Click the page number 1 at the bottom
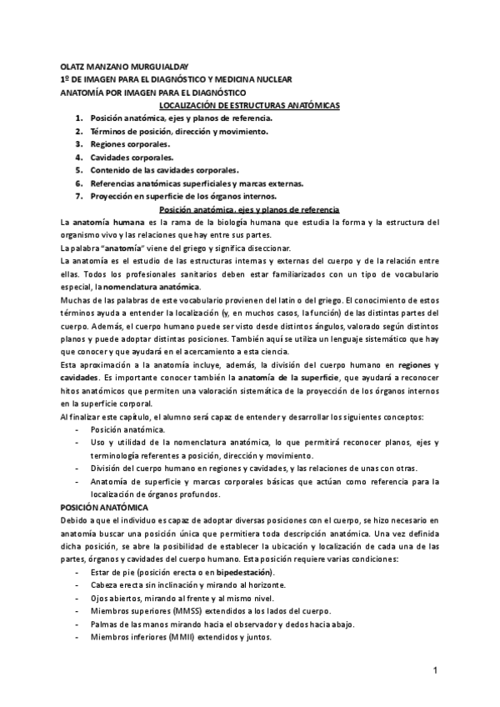click(436, 670)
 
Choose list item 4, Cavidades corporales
click(137, 157)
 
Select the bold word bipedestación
click(245, 574)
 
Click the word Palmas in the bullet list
click(106, 624)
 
